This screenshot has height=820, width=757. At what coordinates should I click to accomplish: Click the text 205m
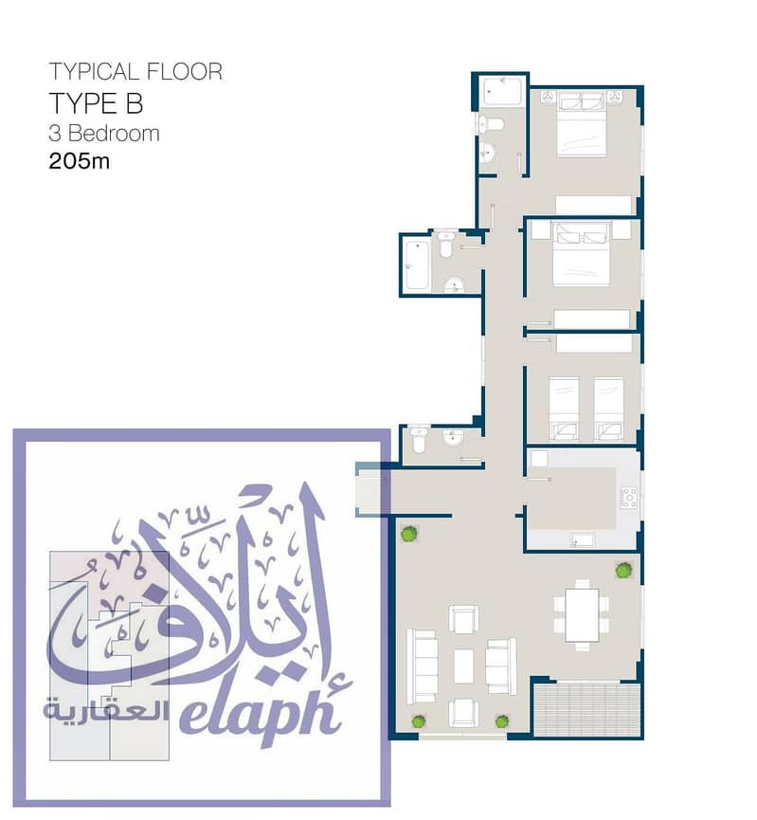(x=79, y=160)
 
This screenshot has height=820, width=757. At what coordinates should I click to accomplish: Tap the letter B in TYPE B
(x=134, y=103)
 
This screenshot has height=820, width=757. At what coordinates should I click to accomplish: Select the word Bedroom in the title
(x=114, y=134)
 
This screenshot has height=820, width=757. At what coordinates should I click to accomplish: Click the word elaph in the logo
(x=261, y=710)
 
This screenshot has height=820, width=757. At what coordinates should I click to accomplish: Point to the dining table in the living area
(x=582, y=615)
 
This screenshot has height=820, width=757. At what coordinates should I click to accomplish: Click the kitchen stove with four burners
(x=628, y=497)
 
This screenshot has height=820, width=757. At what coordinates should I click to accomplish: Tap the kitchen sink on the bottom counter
(x=582, y=539)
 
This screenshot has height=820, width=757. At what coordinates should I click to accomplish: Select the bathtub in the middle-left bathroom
(x=417, y=264)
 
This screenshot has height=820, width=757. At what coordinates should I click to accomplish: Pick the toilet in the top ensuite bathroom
(x=491, y=124)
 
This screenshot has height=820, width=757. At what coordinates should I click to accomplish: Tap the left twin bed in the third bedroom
(x=564, y=409)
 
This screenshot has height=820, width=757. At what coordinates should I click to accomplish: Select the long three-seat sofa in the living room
(x=422, y=666)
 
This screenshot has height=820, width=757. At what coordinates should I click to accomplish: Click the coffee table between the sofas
(x=463, y=665)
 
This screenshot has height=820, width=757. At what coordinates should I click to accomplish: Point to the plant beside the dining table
(x=622, y=570)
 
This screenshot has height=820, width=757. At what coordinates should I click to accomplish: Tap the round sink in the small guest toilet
(x=453, y=437)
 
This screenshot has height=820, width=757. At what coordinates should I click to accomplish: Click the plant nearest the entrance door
(x=409, y=534)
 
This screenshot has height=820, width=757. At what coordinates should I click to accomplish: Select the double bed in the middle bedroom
(x=582, y=254)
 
